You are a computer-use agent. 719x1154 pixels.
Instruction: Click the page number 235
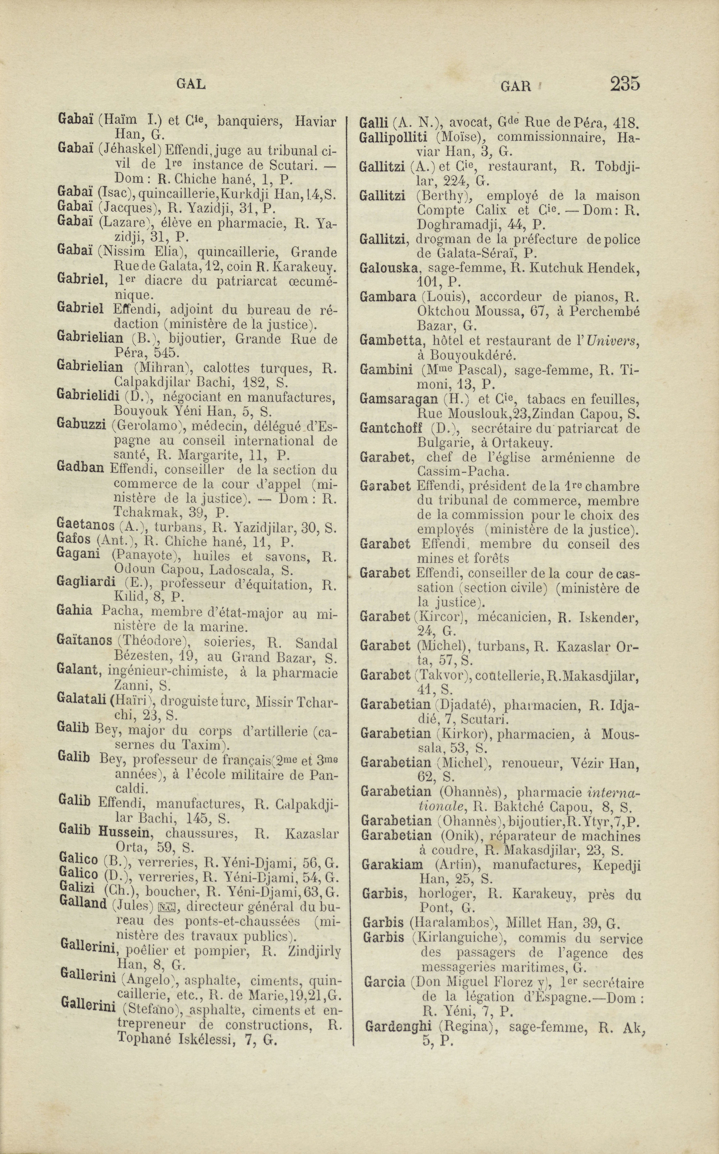coord(625,84)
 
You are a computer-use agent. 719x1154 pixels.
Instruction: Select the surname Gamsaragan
coord(392,399)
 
